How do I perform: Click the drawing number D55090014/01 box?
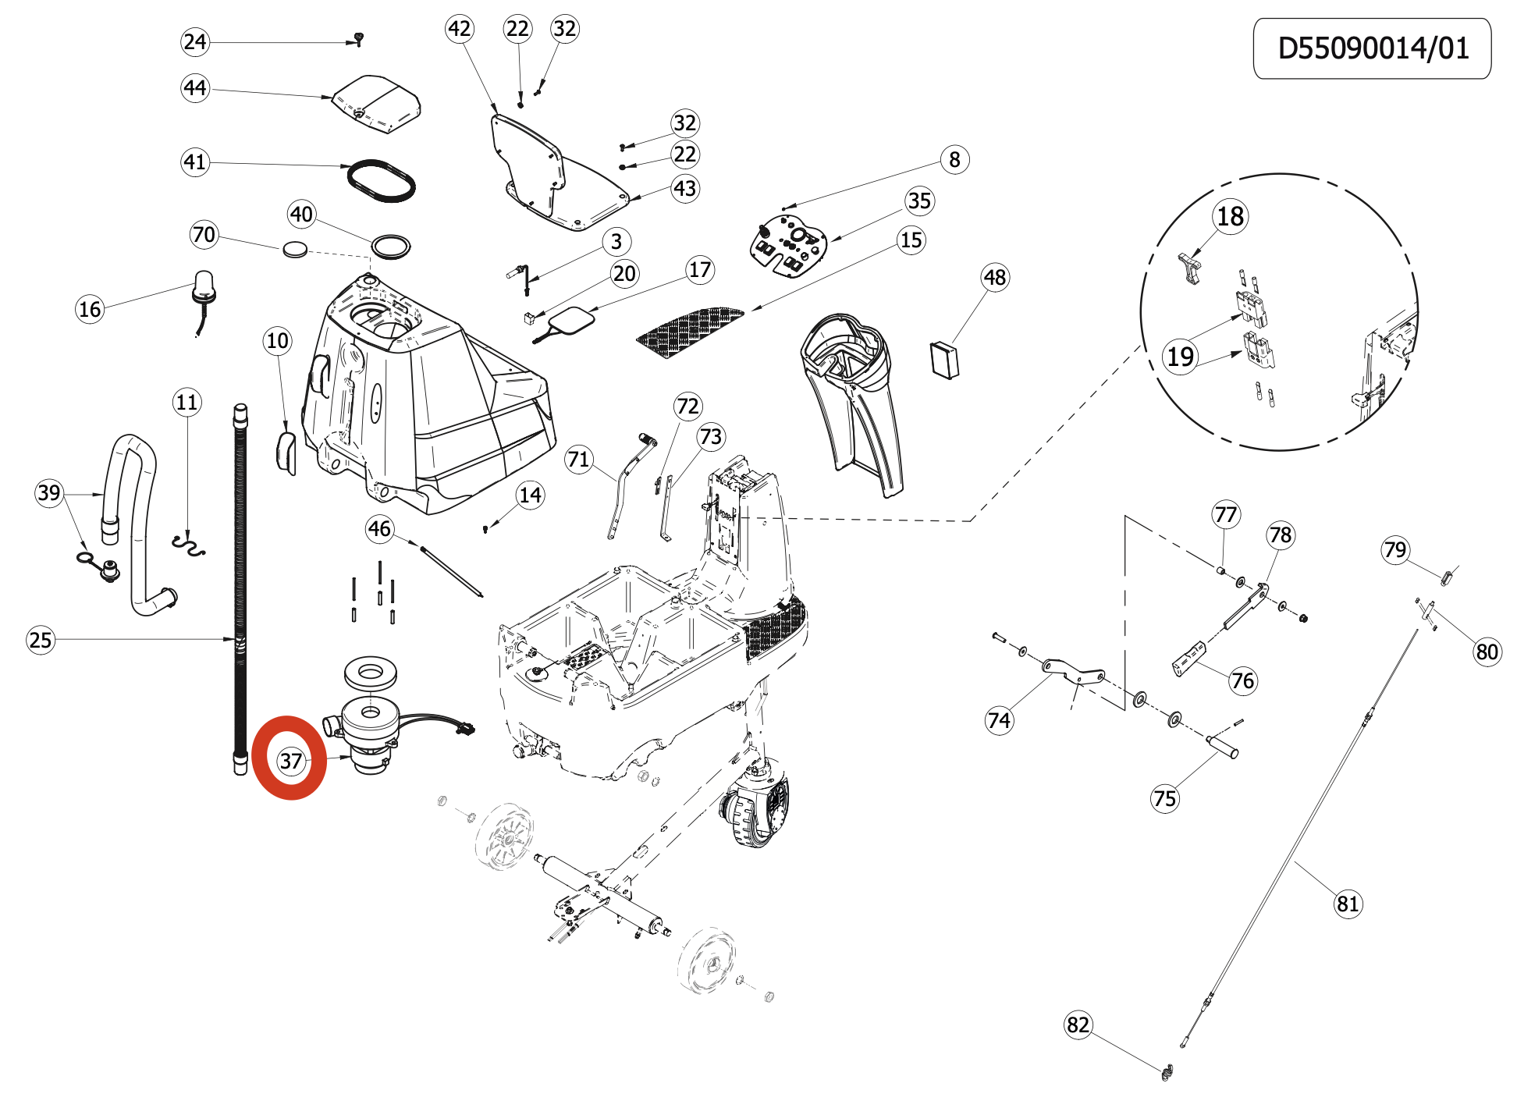tap(1371, 48)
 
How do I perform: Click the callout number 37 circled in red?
tap(290, 760)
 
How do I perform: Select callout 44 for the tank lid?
tap(195, 87)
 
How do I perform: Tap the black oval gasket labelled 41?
tap(382, 180)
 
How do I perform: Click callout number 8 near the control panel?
tap(954, 159)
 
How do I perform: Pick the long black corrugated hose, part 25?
tap(240, 585)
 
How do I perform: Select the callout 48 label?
tap(994, 277)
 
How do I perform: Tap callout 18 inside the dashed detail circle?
tap(1230, 216)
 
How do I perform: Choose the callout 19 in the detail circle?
tap(1180, 357)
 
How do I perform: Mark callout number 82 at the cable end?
tap(1078, 1025)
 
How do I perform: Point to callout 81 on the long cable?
tap(1348, 904)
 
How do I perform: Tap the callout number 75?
tap(1164, 798)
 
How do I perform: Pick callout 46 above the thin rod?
tap(379, 529)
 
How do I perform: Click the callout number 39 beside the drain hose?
tap(48, 492)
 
